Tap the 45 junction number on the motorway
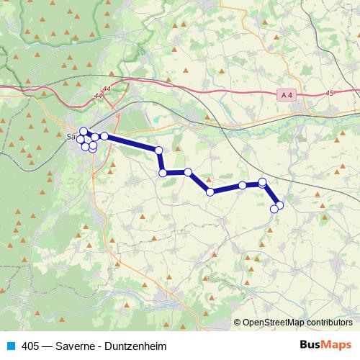330,93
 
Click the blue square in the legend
10,346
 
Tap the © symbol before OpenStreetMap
237,323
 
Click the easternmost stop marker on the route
279,205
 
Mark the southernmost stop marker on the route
274,210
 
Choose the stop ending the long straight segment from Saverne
159,150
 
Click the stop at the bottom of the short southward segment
163,173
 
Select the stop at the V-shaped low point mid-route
210,192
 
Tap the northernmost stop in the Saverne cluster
83,131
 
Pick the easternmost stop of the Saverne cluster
104,135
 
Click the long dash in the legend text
48,346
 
